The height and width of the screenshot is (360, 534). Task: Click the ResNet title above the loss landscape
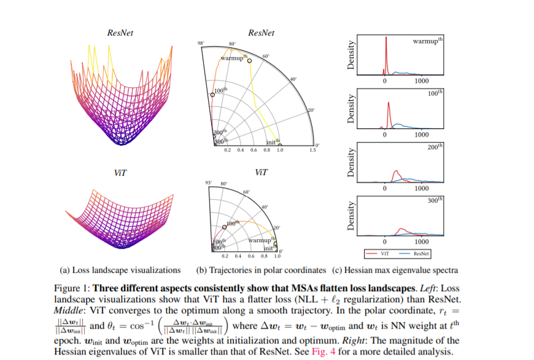click(120, 33)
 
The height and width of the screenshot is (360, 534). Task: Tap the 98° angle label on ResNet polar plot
click(200, 43)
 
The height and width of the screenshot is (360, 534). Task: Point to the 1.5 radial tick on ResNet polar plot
click(312, 150)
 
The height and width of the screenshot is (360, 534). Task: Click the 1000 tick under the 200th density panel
click(420, 189)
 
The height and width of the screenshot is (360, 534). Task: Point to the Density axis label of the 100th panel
click(352, 109)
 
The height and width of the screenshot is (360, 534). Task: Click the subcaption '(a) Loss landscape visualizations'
click(120, 270)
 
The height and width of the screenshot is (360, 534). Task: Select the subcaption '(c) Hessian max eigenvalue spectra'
click(395, 270)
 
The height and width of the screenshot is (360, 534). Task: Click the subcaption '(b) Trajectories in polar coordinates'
click(260, 270)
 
